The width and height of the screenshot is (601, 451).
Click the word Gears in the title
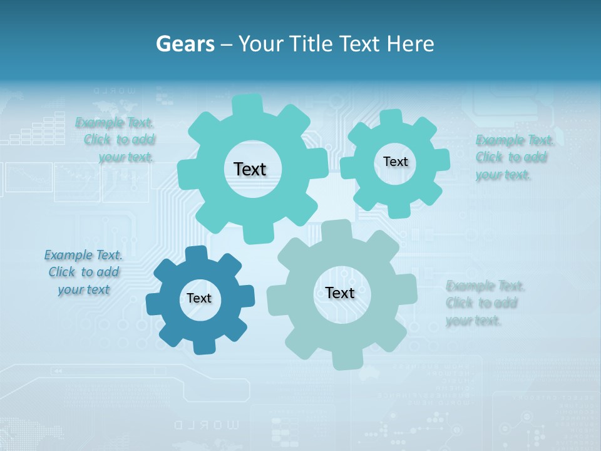(x=185, y=44)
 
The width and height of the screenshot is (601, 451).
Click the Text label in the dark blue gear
(x=199, y=299)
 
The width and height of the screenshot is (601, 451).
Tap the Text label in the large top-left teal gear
(x=250, y=169)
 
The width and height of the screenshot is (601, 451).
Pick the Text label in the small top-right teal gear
(x=395, y=162)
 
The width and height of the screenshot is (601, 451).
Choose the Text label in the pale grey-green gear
(x=340, y=293)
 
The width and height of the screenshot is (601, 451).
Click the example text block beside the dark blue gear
(x=84, y=272)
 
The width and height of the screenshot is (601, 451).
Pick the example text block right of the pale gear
(x=485, y=303)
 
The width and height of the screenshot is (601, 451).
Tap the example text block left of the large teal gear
(x=115, y=140)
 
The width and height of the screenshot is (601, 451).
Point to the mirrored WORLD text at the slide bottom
(x=206, y=425)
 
